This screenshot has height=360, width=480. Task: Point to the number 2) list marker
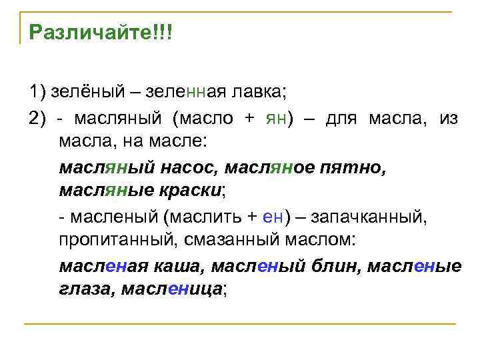click(x=37, y=119)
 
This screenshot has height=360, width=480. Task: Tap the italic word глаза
click(x=85, y=290)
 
